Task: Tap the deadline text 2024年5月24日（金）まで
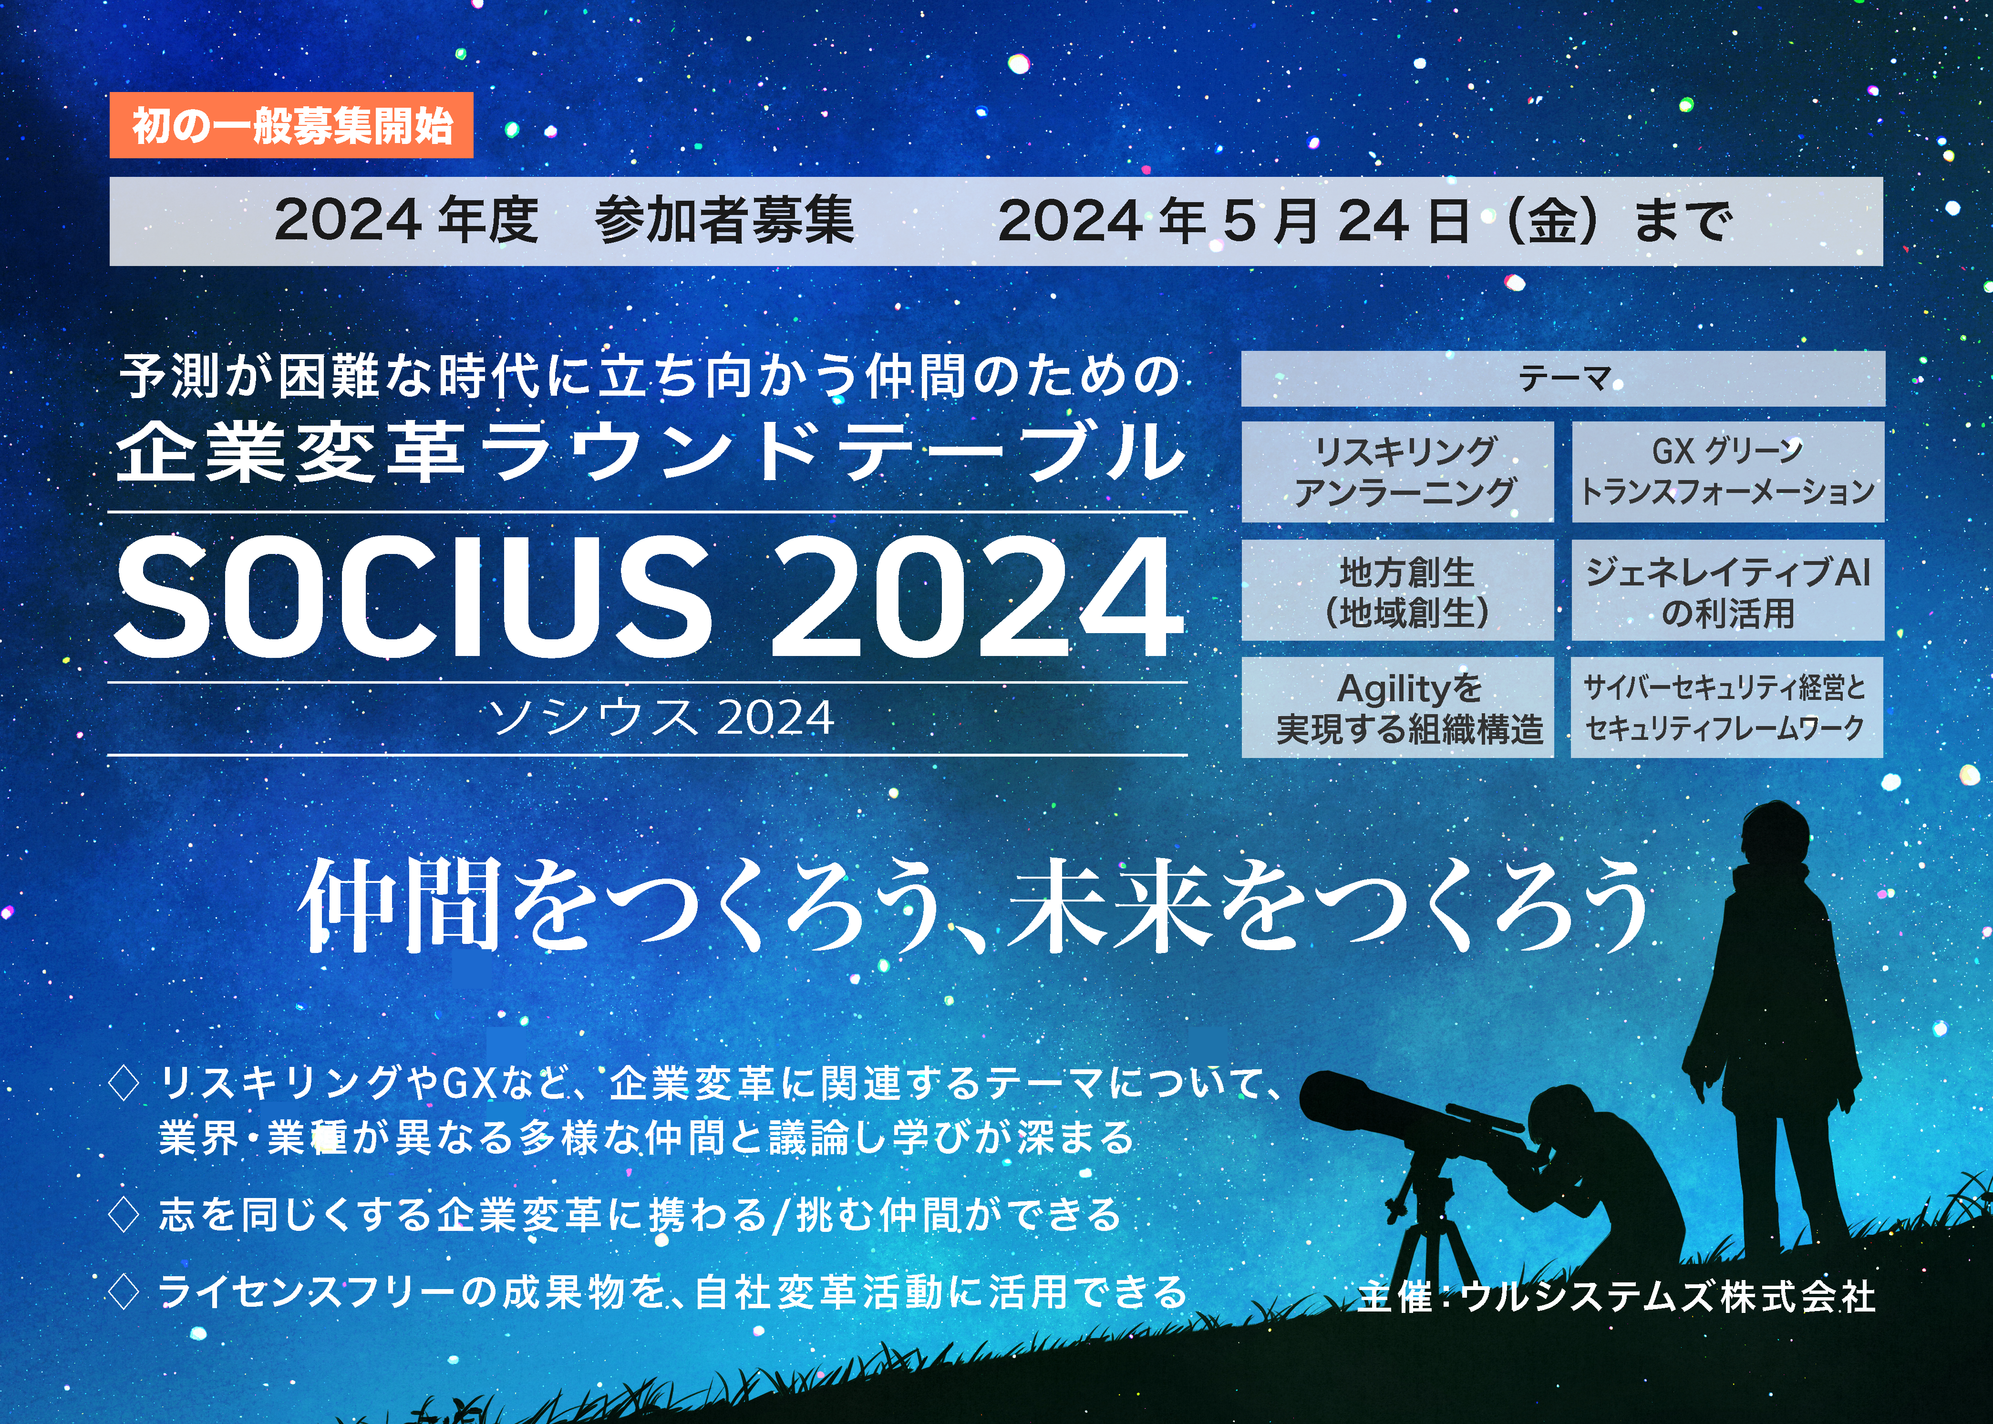pyautogui.click(x=1365, y=221)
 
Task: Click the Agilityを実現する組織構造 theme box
pyautogui.click(x=1397, y=707)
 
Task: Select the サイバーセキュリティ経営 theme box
pyautogui.click(x=1727, y=707)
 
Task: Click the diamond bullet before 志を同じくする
pyautogui.click(x=124, y=1215)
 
